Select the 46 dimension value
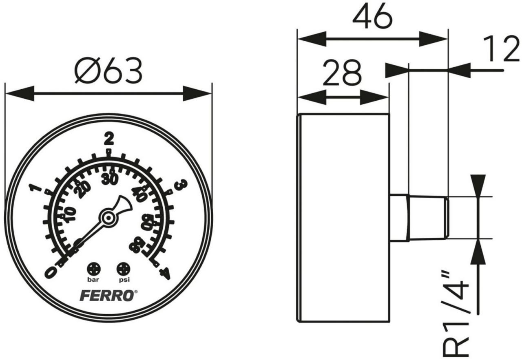click(x=372, y=18)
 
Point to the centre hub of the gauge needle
click(x=108, y=218)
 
